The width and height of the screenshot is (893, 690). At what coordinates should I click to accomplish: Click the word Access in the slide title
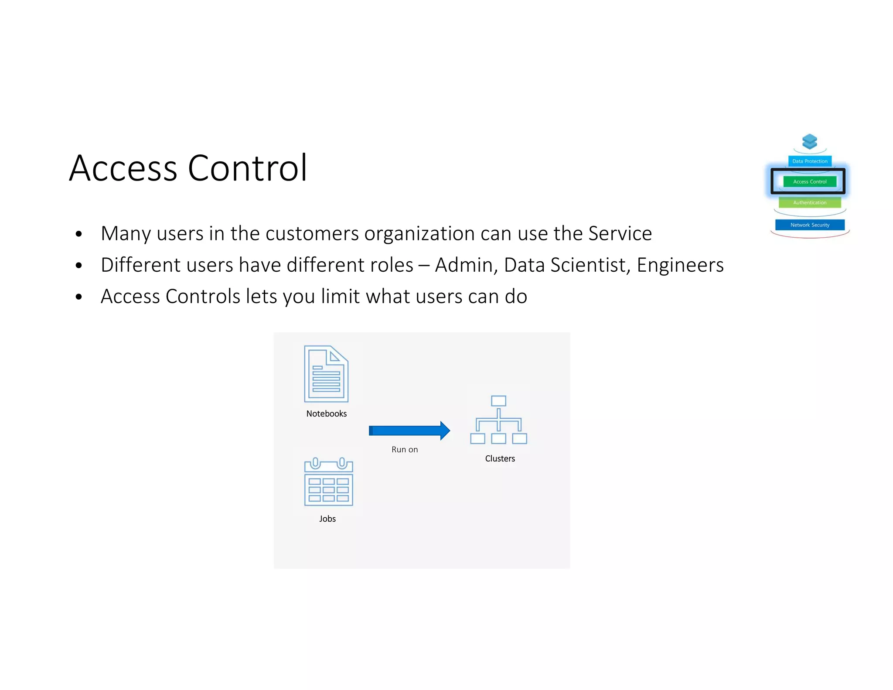[123, 168]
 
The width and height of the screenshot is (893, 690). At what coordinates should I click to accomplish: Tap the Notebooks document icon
[326, 374]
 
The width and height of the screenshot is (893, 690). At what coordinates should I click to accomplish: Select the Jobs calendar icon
[328, 482]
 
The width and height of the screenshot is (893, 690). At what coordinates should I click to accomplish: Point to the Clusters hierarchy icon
[498, 420]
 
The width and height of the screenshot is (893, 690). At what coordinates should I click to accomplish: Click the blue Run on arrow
[409, 430]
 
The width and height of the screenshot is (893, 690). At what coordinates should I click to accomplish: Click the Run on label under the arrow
[405, 450]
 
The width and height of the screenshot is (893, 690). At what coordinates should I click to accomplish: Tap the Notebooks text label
[326, 413]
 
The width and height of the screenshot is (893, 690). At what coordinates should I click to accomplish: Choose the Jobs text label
[327, 519]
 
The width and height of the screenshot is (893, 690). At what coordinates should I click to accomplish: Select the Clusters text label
[500, 458]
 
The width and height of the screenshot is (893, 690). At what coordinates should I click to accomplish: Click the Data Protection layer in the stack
[810, 161]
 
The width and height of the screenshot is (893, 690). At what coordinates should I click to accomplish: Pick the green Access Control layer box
[810, 181]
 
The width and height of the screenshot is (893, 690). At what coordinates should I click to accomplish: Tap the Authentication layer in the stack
[810, 202]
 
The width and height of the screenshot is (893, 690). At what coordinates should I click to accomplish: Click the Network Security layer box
[810, 225]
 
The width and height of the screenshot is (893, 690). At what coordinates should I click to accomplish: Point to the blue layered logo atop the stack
[810, 142]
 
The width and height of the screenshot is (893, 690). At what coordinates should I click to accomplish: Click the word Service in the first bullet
[620, 233]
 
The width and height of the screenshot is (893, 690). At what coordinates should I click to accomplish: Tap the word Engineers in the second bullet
[680, 265]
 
